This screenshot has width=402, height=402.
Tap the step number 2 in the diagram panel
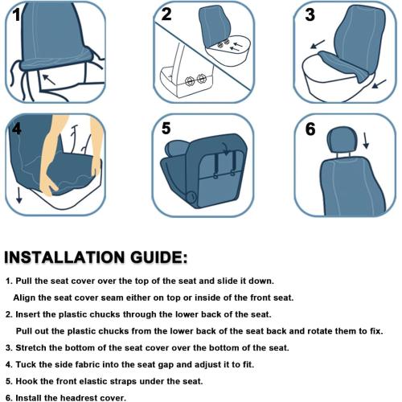(166, 14)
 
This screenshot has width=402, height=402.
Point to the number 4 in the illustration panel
(16, 129)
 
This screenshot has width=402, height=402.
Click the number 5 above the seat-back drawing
(166, 128)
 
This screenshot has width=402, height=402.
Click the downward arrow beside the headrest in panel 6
(367, 140)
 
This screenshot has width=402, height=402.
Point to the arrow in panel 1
(51, 79)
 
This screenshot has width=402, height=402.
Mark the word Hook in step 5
(27, 380)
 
